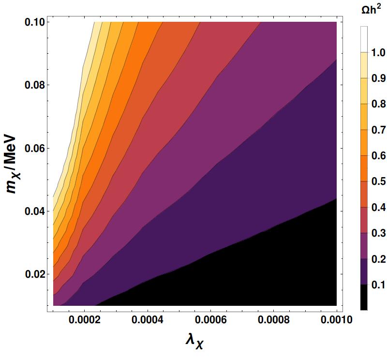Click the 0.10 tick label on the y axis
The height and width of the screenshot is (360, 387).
coord(34,22)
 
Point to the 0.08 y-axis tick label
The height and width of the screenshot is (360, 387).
coord(34,85)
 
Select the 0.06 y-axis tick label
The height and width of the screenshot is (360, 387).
coord(34,148)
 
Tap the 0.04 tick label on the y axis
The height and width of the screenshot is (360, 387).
coord(34,211)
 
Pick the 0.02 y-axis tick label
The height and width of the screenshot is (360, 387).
coord(34,274)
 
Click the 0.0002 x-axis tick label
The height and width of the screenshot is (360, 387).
coord(85,320)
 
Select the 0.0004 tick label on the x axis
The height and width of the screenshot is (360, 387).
coord(148,320)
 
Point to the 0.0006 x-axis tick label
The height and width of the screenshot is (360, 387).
coord(211,320)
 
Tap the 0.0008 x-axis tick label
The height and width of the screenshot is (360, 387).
coord(274,320)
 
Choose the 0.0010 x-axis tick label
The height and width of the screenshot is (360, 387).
coord(337,320)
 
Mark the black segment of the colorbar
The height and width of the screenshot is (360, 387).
coord(364,297)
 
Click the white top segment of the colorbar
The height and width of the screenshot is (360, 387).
coord(364,39)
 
